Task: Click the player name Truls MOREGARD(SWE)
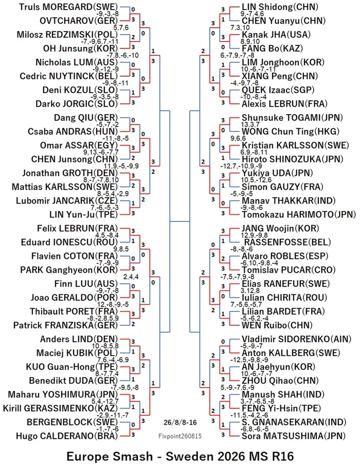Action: coord(68,7)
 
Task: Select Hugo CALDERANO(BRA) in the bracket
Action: coord(67,436)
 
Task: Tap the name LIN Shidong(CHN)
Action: coord(280,7)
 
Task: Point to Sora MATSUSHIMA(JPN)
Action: coord(293,436)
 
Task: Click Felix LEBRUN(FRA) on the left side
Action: coord(78,228)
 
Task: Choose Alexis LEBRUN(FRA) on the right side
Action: coord(284,104)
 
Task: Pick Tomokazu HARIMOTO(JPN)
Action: coord(299,215)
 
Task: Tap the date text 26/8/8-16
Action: coord(181,423)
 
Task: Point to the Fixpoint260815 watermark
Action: coord(180,436)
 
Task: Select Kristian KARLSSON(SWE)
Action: coord(295,145)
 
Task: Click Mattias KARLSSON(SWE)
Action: coord(65,187)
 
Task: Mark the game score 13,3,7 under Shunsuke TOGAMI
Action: coord(250,125)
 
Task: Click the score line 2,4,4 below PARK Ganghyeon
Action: coord(131,276)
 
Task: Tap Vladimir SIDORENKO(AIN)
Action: coord(296,339)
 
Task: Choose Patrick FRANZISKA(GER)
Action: coord(66,325)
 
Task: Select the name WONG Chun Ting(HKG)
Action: coord(291,132)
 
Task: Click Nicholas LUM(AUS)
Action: coord(77,62)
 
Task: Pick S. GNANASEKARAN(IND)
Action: coord(294,422)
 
